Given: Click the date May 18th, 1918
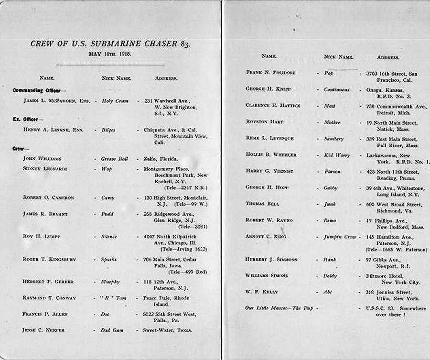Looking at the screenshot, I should (110, 54).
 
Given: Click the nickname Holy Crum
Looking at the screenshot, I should (115, 101).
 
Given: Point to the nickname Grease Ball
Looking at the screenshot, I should (115, 159).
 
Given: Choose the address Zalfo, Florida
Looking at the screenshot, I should (161, 159).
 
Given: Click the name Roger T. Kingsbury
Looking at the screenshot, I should (49, 260).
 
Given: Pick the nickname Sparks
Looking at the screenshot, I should (109, 260).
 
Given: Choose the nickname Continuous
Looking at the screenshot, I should (337, 90).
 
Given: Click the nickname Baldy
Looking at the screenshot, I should (331, 276).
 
